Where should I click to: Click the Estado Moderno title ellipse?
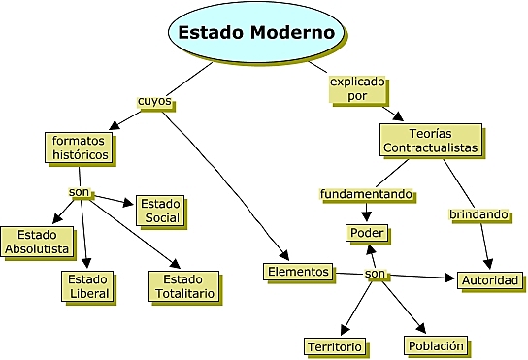click(x=257, y=33)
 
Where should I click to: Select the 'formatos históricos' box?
click(x=79, y=147)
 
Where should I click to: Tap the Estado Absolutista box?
click(x=39, y=242)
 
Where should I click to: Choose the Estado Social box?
click(x=160, y=211)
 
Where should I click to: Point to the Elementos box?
click(x=299, y=272)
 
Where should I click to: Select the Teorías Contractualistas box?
click(x=430, y=140)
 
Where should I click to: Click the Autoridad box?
click(x=491, y=280)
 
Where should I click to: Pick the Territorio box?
click(x=334, y=346)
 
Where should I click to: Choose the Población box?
click(x=437, y=344)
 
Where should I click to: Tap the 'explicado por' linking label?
click(x=357, y=90)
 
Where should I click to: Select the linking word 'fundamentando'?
click(x=368, y=194)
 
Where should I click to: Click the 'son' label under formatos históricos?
click(x=80, y=192)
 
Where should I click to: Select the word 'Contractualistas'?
click(x=430, y=147)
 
